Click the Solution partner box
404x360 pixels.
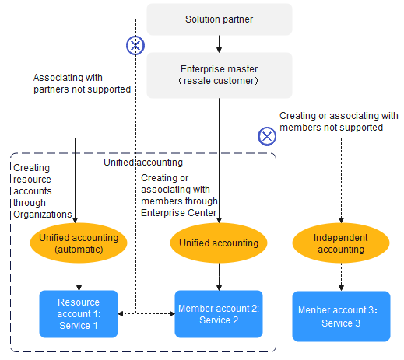220,19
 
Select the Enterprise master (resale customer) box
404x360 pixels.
220,75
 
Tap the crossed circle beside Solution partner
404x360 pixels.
135,45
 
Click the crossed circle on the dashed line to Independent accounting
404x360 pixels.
267,136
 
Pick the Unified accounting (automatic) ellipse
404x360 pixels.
79,243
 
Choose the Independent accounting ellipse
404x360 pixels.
341,243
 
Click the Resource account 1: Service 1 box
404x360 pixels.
79,314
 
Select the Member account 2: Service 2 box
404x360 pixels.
219,314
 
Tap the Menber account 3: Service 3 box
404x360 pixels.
341,316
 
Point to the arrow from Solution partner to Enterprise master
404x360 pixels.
219,44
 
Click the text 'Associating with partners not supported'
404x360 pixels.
82,83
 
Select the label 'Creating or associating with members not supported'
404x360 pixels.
339,121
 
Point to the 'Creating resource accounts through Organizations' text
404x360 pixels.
43,191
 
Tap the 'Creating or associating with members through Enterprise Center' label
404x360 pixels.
179,195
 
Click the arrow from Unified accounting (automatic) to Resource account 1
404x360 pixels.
79,277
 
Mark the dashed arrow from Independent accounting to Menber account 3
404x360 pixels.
341,277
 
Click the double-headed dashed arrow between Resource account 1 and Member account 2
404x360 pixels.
146,313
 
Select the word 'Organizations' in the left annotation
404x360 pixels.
43,215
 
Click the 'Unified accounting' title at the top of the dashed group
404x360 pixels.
143,163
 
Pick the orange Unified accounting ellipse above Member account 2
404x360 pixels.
219,243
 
